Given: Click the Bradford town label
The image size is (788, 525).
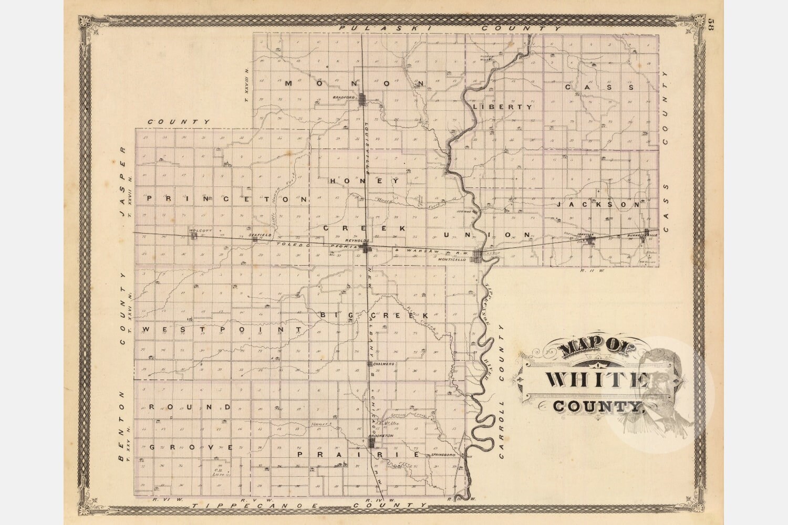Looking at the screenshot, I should click(x=342, y=98).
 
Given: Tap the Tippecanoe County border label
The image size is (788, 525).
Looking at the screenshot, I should click(x=310, y=505).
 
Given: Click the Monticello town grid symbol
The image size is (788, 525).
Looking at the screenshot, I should click(x=478, y=256).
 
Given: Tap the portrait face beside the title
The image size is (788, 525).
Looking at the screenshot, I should click(x=663, y=386).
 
